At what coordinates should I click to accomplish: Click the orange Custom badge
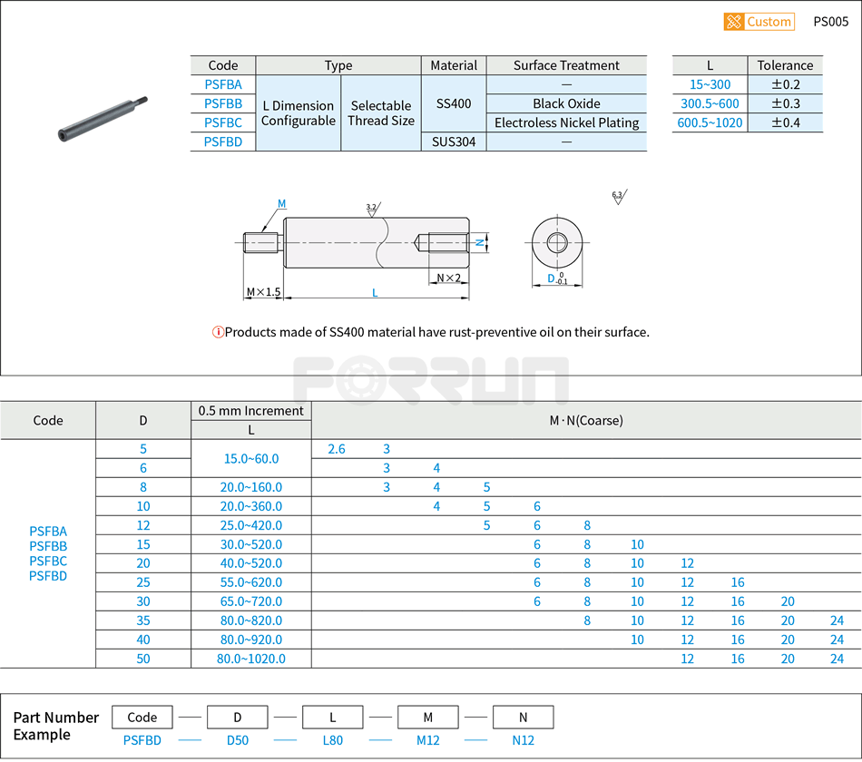point(759,22)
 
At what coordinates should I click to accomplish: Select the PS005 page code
point(830,22)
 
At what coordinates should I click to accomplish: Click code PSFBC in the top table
point(223,122)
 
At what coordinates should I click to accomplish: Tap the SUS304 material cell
point(454,142)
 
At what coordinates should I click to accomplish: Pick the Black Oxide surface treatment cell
point(566,103)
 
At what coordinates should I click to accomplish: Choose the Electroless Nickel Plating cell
point(566,122)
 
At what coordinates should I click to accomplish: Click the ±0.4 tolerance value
point(785,122)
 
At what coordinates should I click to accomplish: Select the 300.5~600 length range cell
point(710,103)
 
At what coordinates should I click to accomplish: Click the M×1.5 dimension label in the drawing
point(263,292)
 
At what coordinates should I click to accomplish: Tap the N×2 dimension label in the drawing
point(448,278)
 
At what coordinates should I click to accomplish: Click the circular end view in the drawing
point(557,242)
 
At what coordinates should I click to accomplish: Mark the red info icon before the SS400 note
point(218,332)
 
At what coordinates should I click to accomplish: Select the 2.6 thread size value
point(336,449)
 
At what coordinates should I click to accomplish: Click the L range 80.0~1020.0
point(251,659)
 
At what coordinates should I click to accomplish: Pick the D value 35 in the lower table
point(143,620)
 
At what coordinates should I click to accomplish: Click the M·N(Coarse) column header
point(586,420)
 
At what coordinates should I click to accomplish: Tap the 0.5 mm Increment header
point(251,411)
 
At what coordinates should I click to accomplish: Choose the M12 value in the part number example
point(427,740)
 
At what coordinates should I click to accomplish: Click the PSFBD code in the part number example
point(142,740)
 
